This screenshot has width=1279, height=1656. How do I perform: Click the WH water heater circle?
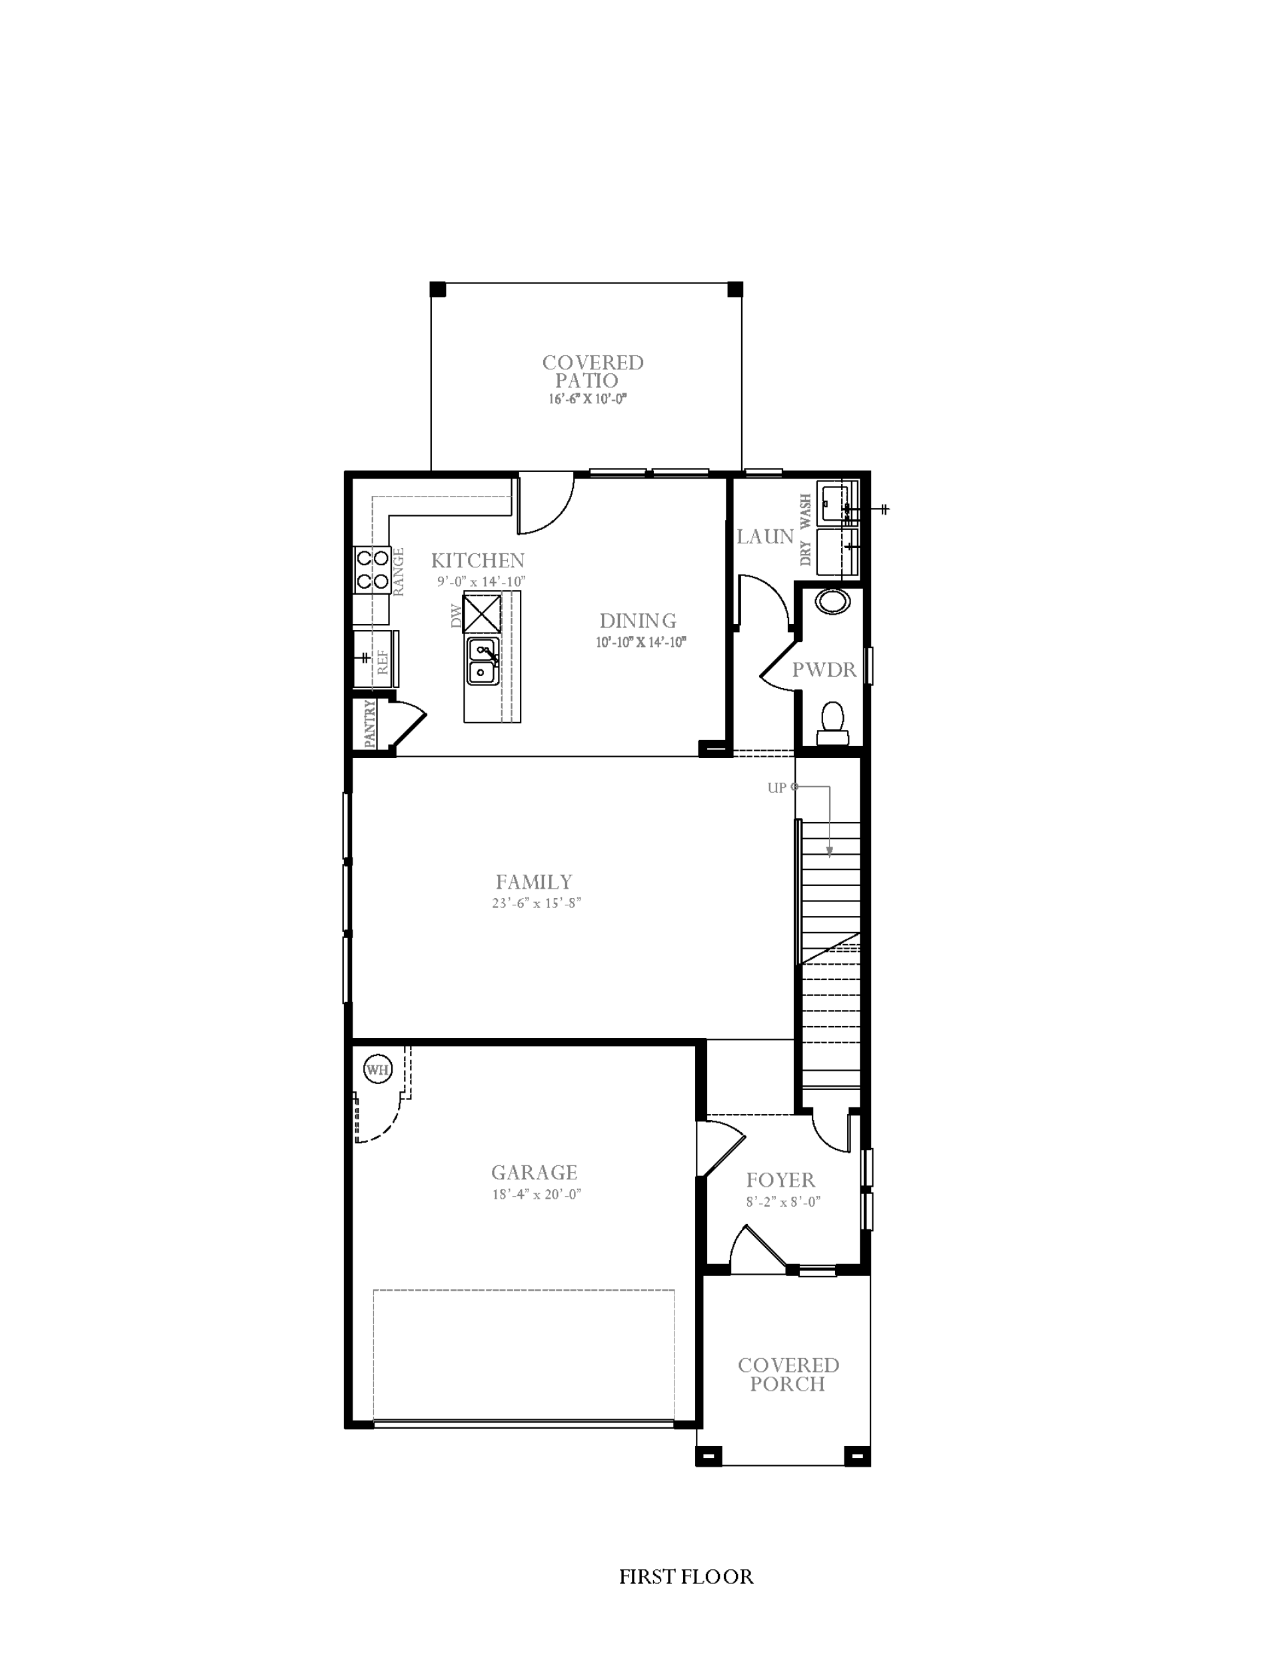377,1070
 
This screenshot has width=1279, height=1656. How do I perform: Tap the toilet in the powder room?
832,724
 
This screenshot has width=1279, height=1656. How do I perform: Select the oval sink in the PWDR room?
832,602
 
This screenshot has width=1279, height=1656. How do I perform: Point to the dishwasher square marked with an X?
482,613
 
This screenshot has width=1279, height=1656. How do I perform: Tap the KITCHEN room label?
478,561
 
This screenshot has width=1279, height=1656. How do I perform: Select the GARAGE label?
535,1172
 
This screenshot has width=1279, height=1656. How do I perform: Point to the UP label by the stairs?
776,788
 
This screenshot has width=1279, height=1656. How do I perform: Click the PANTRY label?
370,724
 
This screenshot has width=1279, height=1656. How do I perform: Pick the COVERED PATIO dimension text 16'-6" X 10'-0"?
589,399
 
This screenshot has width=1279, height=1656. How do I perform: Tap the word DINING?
638,621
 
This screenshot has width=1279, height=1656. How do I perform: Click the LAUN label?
765,537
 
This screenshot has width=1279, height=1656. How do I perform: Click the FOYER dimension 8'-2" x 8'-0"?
783,1202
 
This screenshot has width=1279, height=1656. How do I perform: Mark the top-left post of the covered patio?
438,289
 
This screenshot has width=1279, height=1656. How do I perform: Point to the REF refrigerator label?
383,662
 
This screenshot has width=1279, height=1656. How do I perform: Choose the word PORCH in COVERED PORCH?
788,1384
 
